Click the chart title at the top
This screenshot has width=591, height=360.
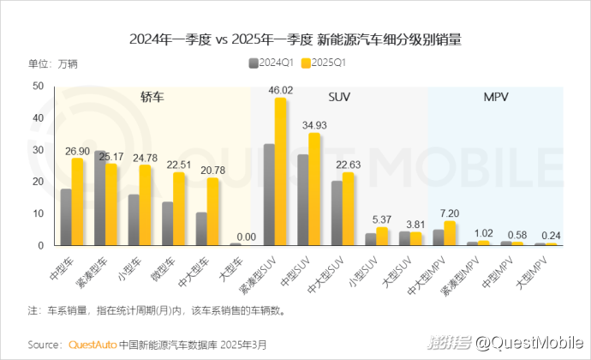295,39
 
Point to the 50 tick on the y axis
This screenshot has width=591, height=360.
38,87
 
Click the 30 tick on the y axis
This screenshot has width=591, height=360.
38,150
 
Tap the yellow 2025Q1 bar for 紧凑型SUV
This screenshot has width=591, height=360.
280,171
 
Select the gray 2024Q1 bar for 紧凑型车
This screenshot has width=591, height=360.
100,198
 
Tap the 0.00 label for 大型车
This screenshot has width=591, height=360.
246,237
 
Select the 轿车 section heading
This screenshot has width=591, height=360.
152,99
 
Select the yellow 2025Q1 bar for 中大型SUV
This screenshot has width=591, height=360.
348,209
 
